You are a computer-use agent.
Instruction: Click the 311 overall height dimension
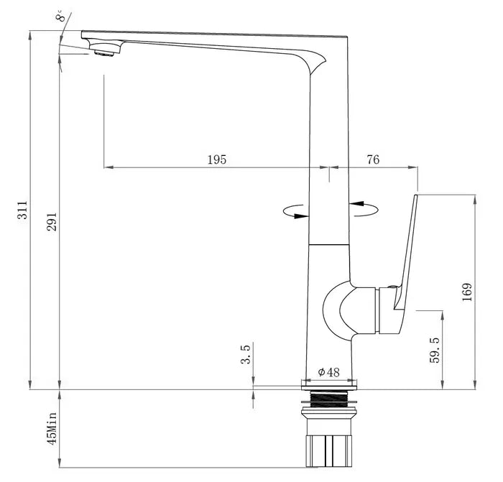click(23, 209)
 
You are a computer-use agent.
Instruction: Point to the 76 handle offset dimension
click(373, 159)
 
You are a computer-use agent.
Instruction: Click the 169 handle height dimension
click(466, 292)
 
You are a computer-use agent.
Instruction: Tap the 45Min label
click(52, 426)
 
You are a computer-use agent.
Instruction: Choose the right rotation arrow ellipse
click(364, 208)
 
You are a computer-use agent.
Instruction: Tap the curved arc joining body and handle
click(335, 309)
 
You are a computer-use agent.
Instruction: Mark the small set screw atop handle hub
click(391, 287)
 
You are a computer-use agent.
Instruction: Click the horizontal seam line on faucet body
click(329, 245)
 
